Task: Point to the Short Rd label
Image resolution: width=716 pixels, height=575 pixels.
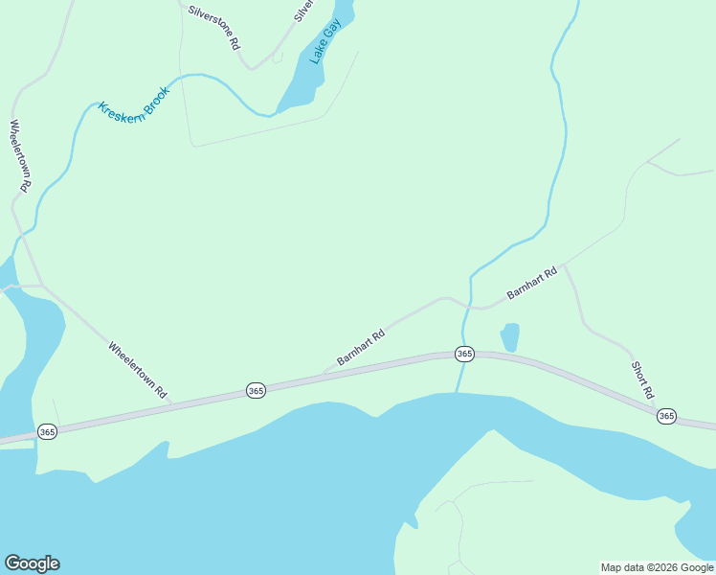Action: click(x=642, y=379)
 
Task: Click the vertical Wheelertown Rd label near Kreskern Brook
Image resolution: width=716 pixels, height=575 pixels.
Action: click(x=21, y=157)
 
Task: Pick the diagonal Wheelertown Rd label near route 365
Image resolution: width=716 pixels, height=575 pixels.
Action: click(x=138, y=370)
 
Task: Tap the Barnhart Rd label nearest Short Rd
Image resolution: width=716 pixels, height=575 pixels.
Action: click(x=532, y=284)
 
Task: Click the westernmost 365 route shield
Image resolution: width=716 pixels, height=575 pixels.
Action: click(x=48, y=432)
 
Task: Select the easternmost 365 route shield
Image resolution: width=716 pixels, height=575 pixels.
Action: click(x=666, y=416)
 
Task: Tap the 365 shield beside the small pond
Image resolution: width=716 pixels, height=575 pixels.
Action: click(x=464, y=354)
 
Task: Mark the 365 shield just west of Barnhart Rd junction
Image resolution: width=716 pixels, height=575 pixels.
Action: click(x=256, y=390)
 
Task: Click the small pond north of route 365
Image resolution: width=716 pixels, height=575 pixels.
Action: click(x=509, y=336)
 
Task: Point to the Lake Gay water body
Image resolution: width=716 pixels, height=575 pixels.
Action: click(x=309, y=82)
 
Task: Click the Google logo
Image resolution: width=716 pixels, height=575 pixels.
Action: click(x=32, y=563)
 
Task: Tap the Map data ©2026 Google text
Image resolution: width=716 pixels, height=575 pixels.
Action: click(x=658, y=567)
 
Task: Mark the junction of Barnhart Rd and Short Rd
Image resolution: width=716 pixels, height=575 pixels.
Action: click(x=564, y=264)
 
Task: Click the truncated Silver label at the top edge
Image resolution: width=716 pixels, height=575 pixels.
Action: click(x=302, y=11)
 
